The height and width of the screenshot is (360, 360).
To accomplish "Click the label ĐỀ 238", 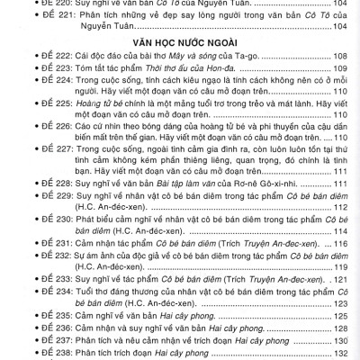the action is (40, 355).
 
